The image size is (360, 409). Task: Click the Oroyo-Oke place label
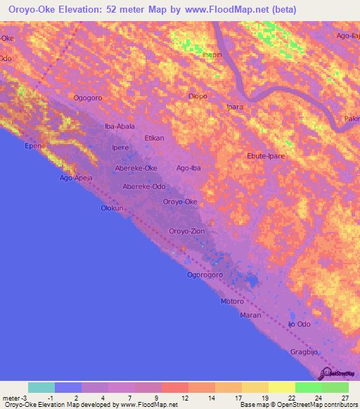pyautogui.click(x=180, y=202)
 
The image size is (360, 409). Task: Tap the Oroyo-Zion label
pyautogui.click(x=187, y=231)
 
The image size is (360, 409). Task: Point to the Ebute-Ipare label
pyautogui.click(x=266, y=156)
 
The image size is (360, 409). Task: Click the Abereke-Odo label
pyautogui.click(x=144, y=186)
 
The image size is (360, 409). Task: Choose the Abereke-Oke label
pyautogui.click(x=136, y=168)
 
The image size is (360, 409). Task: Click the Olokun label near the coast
pyautogui.click(x=112, y=209)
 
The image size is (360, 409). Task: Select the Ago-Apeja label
pyautogui.click(x=78, y=179)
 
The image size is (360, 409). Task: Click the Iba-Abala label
pyautogui.click(x=120, y=126)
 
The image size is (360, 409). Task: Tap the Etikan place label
pyautogui.click(x=154, y=139)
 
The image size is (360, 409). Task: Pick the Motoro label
pyautogui.click(x=232, y=301)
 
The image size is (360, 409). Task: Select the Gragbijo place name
pyautogui.click(x=304, y=350)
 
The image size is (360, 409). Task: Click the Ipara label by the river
pyautogui.click(x=234, y=108)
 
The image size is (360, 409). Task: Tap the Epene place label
pyautogui.click(x=34, y=145)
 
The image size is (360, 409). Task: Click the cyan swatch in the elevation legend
pyautogui.click(x=41, y=387)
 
